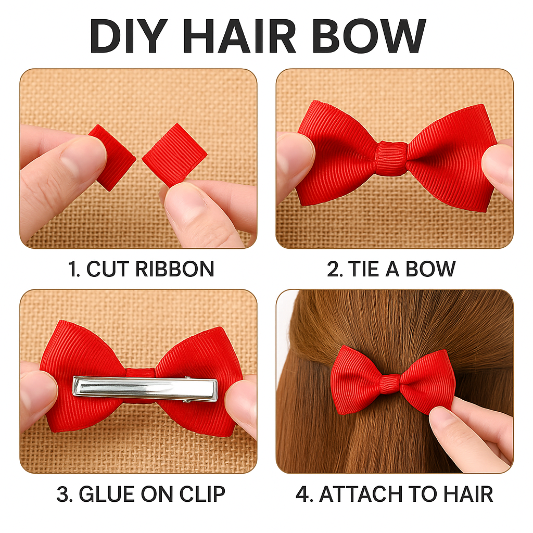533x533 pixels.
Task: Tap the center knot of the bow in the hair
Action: (390, 383)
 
